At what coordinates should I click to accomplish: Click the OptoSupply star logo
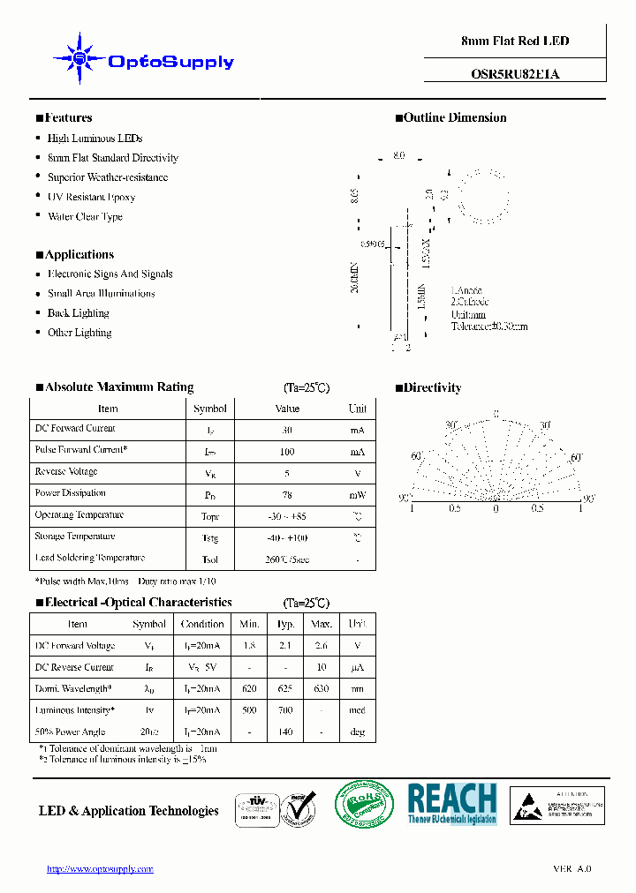pos(79,59)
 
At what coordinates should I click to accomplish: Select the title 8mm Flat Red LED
pos(515,41)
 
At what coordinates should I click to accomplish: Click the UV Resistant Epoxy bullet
pos(91,197)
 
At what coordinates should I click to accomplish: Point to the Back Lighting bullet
pos(78,313)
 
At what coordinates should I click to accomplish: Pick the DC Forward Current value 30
pos(287,430)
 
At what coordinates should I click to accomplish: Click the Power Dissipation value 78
pos(287,495)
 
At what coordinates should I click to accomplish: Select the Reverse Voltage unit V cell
pos(357,473)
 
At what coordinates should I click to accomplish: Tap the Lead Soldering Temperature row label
pos(89,559)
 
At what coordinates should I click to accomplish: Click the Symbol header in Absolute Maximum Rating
pos(210,409)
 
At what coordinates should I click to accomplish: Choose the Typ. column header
pos(284,624)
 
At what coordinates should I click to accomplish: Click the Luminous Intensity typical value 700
pos(284,710)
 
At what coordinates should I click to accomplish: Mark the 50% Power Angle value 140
pos(284,732)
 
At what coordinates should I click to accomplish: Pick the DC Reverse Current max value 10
pos(322,668)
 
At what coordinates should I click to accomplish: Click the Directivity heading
pos(432,388)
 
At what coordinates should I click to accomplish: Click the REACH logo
pos(451,803)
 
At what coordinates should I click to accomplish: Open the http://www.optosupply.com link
pos(100,869)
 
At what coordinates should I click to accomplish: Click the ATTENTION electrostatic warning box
pos(557,806)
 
